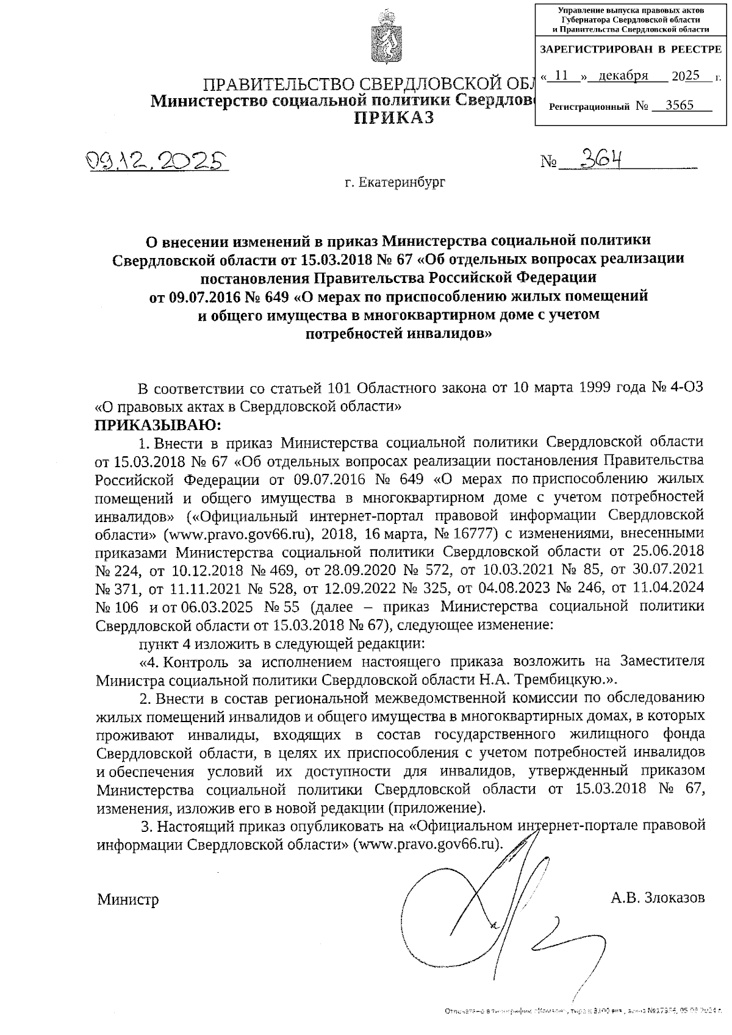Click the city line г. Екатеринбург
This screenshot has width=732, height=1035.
pyautogui.click(x=395, y=182)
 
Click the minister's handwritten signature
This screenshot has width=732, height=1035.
pyautogui.click(x=500, y=903)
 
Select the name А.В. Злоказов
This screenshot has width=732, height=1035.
pyautogui.click(x=658, y=898)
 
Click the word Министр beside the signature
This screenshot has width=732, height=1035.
pyautogui.click(x=128, y=900)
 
